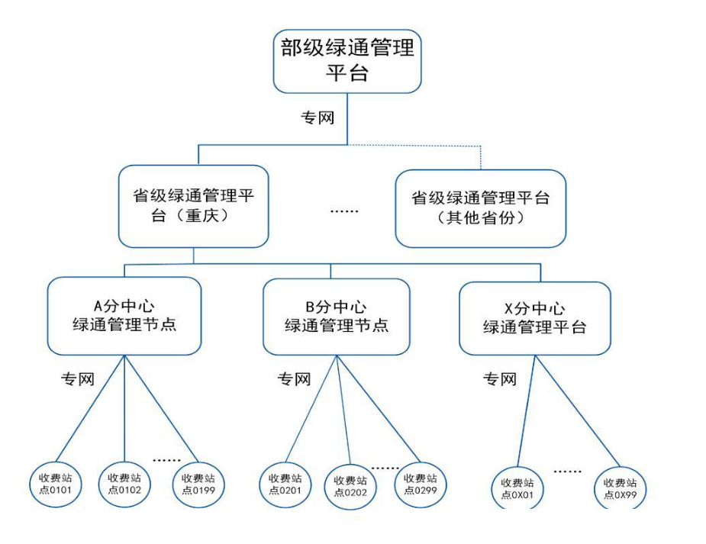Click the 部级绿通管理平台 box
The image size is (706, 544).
348,61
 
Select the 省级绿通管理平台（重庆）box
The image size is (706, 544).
193,206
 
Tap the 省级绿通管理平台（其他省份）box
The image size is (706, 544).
481,208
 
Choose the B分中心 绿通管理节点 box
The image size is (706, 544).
337,317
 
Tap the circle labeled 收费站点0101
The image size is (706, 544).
56,483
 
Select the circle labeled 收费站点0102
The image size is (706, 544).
124,483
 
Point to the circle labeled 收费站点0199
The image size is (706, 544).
198,483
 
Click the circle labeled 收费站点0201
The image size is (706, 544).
285,484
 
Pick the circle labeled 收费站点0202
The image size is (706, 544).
350,486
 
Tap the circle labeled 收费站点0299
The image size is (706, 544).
421,484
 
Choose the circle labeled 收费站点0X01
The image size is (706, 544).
517,488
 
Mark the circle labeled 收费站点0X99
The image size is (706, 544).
621,488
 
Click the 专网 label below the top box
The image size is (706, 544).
318,118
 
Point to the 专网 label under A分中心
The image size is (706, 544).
78,378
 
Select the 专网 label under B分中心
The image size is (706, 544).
294,379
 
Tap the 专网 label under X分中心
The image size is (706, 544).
499,378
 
